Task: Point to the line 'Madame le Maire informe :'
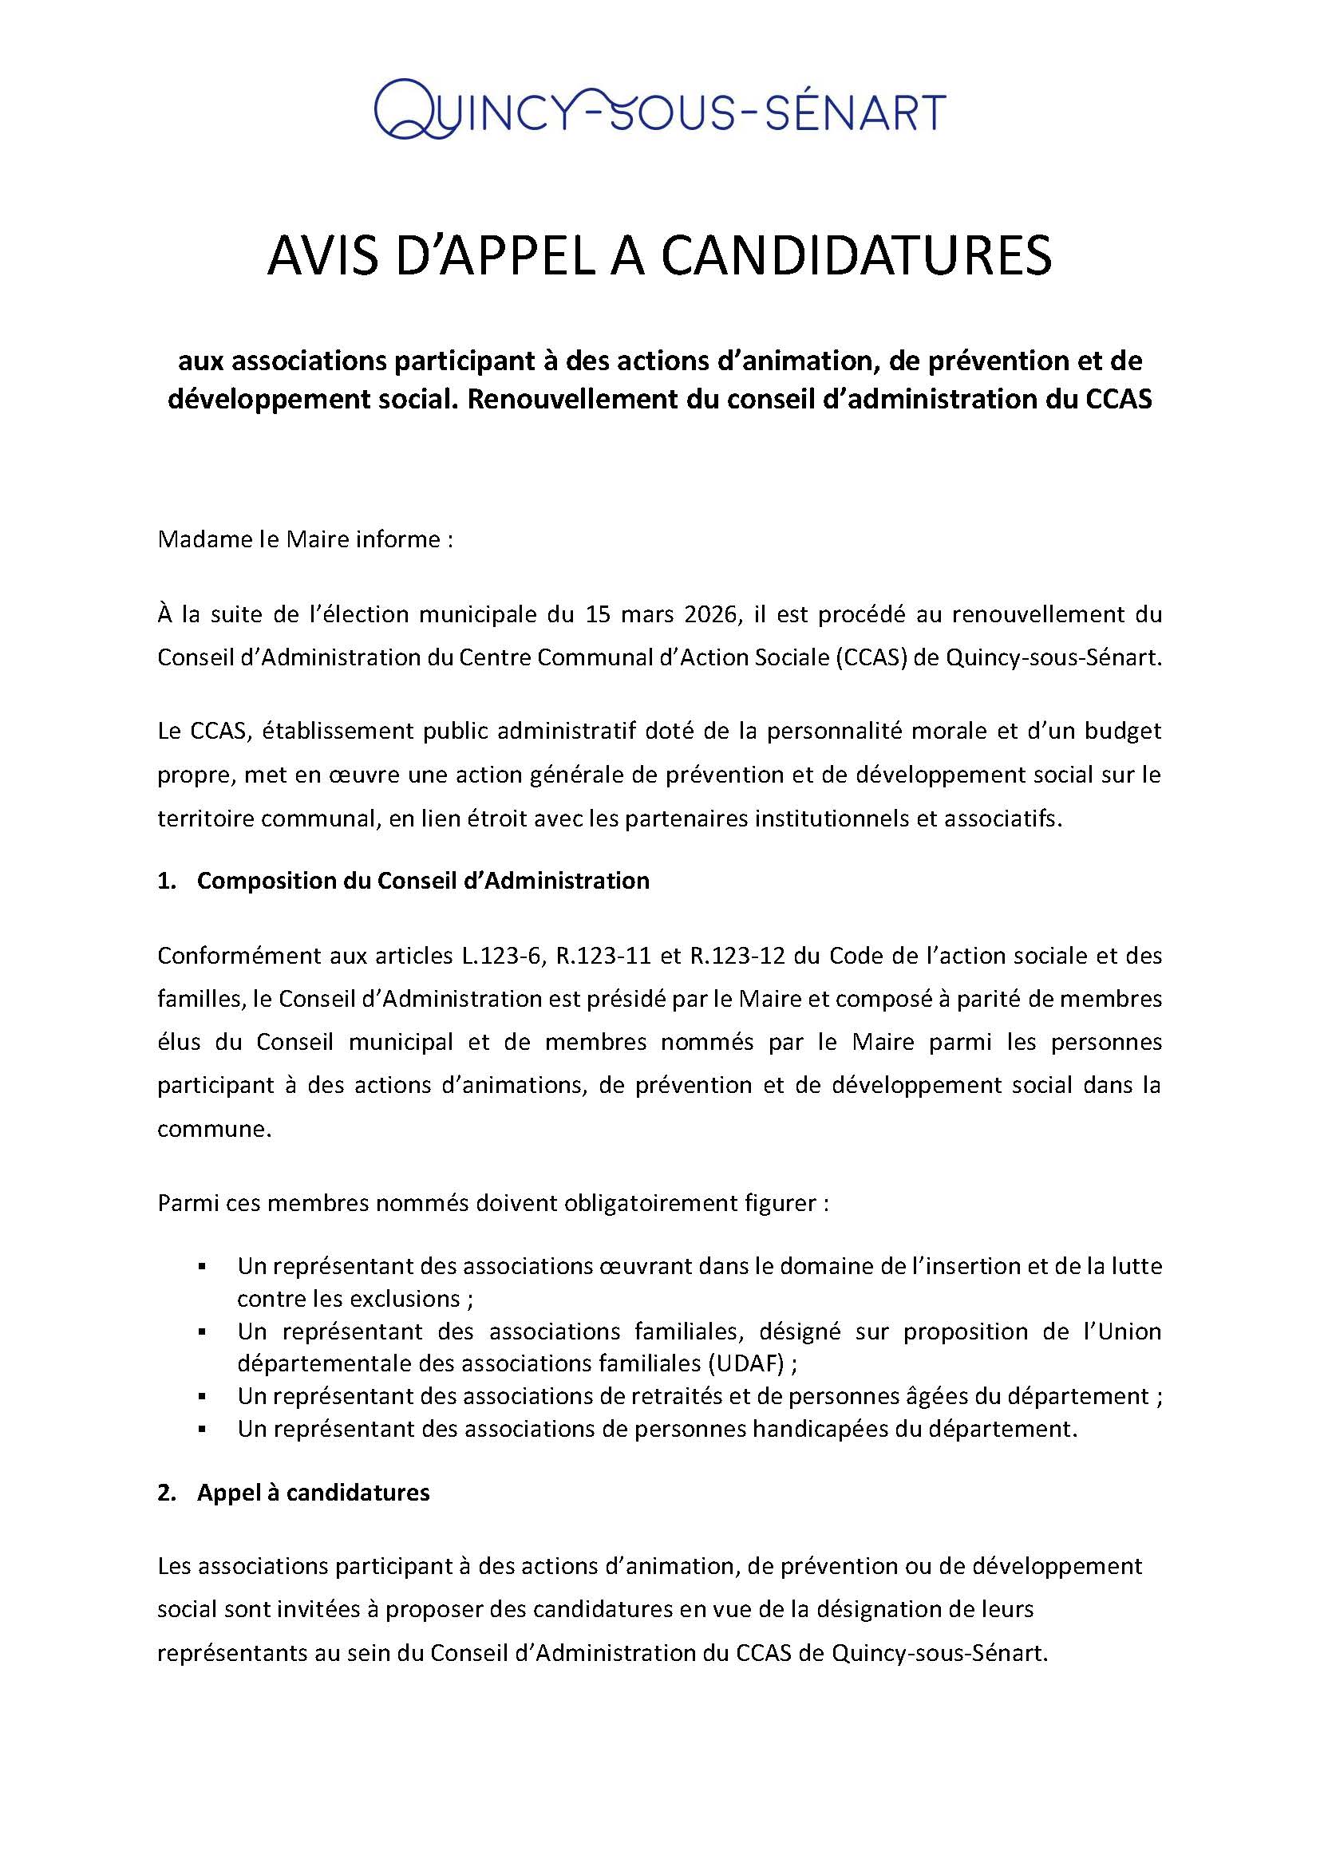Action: [304, 539]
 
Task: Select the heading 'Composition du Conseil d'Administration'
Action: [423, 881]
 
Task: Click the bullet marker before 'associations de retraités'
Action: [201, 1396]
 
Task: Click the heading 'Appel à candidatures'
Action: [313, 1493]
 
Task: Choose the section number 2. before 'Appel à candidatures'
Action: [166, 1493]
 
